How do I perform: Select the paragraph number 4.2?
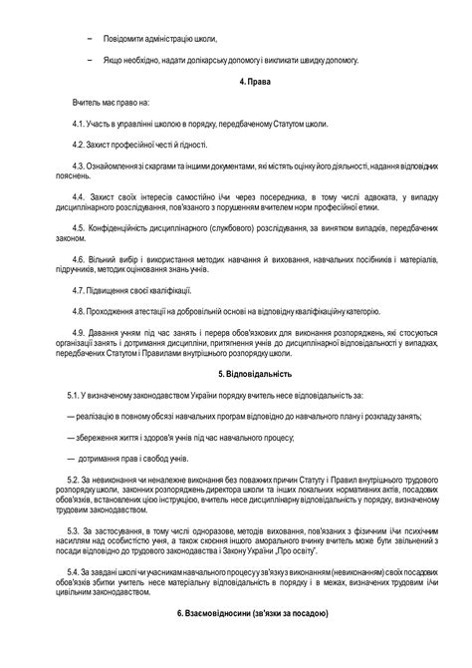[x=81, y=145]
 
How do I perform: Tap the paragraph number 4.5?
[x=81, y=229]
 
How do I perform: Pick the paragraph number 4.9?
[x=81, y=331]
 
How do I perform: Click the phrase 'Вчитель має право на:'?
[x=110, y=103]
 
